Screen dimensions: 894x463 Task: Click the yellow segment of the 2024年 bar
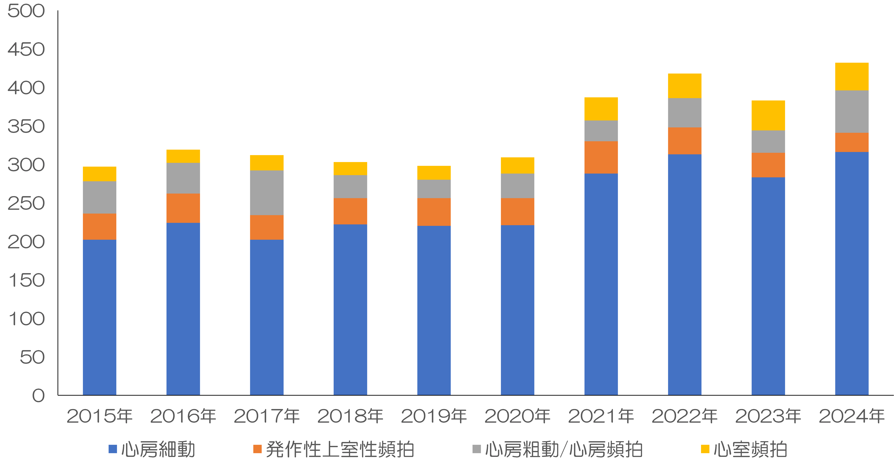[852, 77]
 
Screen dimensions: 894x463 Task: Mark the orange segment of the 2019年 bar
[434, 212]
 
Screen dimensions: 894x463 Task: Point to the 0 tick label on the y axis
[39, 396]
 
